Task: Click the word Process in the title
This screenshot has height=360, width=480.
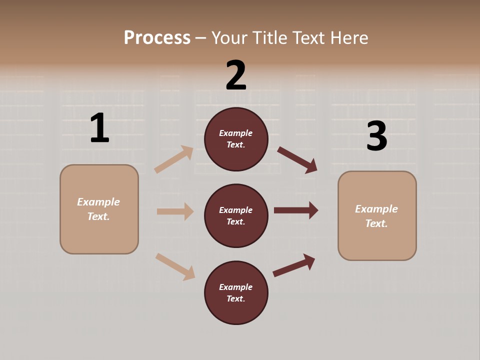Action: [157, 37]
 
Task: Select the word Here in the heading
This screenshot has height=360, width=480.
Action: [348, 37]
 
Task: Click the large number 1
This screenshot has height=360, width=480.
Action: [99, 128]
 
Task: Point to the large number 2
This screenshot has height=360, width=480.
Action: [236, 75]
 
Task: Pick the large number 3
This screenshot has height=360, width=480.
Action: [376, 136]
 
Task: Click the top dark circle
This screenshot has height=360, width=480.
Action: [236, 139]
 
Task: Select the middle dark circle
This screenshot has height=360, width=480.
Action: [236, 216]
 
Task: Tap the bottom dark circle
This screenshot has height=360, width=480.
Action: [236, 293]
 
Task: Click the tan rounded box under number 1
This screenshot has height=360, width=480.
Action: [99, 209]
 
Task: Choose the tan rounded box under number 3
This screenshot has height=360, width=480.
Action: [377, 216]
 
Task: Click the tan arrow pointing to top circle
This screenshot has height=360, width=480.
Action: [174, 159]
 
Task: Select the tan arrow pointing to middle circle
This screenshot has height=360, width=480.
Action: [175, 211]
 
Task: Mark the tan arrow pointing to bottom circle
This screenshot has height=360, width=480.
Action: [175, 266]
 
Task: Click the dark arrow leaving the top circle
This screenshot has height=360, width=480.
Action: [297, 159]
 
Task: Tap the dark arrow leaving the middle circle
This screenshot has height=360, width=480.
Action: [296, 210]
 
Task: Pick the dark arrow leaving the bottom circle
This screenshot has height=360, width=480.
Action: [294, 265]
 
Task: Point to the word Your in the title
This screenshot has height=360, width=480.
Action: [228, 37]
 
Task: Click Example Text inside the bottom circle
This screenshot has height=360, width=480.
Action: [236, 293]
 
